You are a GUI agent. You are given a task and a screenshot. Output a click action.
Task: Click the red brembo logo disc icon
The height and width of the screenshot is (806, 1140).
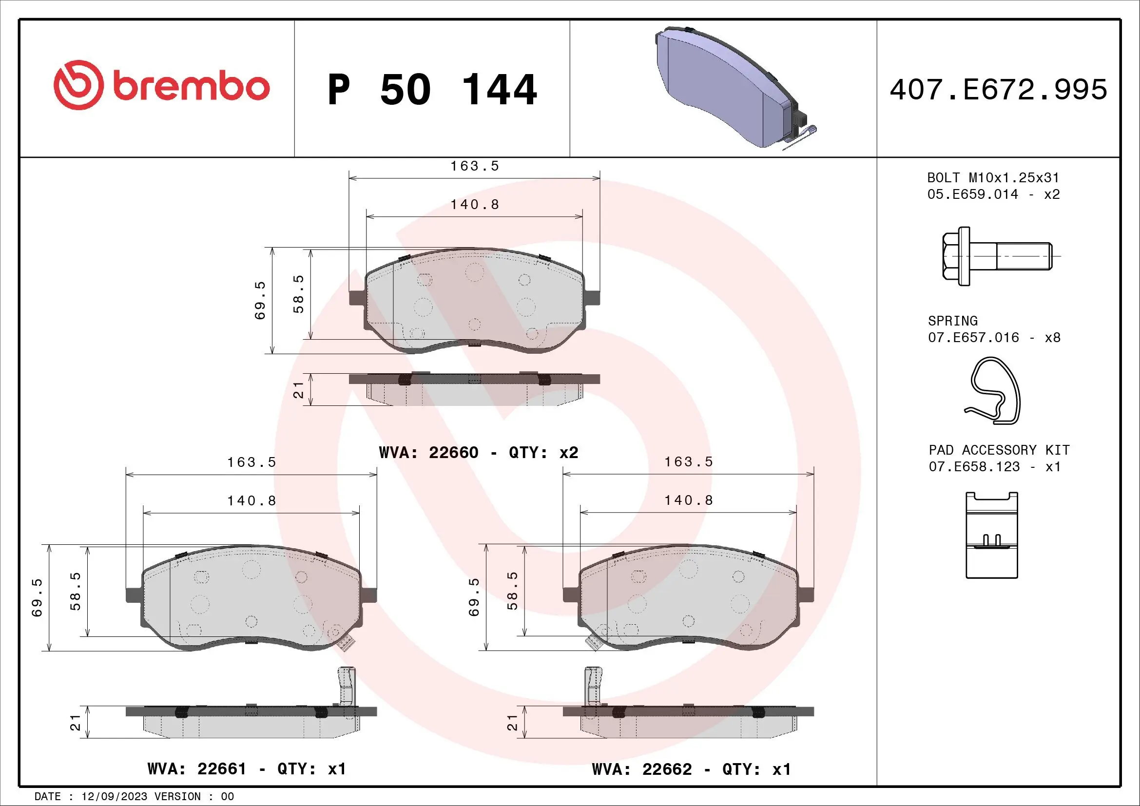(79, 85)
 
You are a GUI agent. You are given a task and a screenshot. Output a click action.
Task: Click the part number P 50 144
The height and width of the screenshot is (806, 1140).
(432, 90)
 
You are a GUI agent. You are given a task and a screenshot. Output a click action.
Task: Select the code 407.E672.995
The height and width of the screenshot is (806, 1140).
(998, 90)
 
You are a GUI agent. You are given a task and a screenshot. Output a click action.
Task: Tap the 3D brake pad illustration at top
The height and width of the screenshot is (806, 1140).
(730, 87)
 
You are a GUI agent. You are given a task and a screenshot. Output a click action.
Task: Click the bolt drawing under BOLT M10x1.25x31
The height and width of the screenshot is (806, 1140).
(996, 256)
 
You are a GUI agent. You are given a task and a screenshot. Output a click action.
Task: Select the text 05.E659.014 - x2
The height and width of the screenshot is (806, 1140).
(993, 194)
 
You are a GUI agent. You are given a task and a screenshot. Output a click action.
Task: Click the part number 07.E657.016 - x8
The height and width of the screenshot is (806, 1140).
(994, 338)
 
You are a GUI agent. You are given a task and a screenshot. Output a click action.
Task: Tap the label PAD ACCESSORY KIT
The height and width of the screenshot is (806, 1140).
(999, 450)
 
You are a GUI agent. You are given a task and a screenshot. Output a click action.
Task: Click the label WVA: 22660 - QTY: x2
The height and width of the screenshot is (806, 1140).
(478, 452)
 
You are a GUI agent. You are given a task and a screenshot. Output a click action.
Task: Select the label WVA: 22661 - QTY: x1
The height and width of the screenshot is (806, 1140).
(246, 769)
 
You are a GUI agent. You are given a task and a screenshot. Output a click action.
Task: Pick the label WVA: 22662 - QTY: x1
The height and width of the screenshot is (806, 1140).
(691, 769)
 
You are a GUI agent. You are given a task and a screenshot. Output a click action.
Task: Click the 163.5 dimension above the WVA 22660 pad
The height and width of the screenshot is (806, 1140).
(474, 166)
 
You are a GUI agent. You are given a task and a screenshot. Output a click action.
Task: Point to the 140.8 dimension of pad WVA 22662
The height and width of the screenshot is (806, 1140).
(689, 500)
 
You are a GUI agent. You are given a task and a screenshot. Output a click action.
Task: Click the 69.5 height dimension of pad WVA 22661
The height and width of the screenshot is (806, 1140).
(37, 597)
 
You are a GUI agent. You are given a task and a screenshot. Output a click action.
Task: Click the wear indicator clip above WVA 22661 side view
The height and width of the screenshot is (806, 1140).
(347, 686)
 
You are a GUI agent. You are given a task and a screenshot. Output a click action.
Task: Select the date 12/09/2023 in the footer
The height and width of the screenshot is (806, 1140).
(114, 797)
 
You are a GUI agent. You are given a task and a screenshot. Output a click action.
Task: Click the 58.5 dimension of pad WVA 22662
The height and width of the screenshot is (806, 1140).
(512, 591)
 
